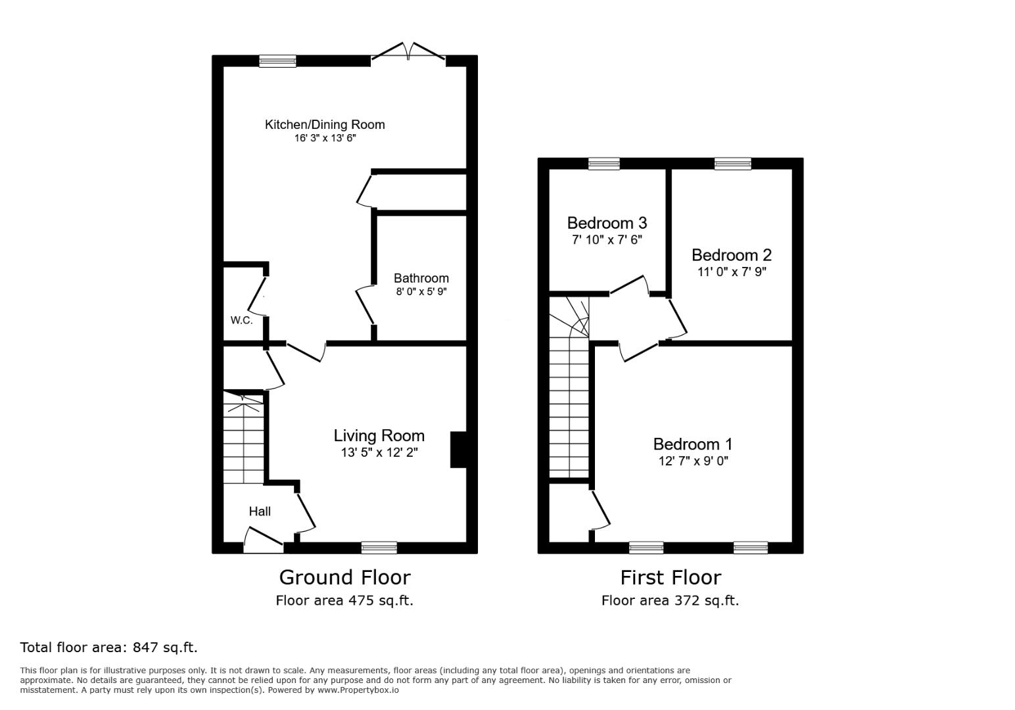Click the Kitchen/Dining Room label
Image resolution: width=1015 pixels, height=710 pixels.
point(324,124)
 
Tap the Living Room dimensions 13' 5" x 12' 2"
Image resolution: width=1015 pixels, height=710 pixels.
point(379,452)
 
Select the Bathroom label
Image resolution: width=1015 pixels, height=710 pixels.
point(421,278)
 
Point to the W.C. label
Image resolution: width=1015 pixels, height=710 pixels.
point(241,320)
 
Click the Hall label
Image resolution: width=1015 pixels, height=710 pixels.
point(259,511)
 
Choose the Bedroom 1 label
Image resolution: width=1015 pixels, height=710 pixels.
point(692,444)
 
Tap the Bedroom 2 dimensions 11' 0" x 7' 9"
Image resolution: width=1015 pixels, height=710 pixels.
point(731,271)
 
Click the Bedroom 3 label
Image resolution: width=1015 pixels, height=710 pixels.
point(607,223)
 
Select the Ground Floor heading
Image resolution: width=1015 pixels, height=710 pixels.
point(344,577)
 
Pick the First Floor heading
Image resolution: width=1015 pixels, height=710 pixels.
point(671,577)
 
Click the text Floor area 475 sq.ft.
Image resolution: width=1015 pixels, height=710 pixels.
point(344,600)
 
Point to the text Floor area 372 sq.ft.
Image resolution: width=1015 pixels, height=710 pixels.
point(670,600)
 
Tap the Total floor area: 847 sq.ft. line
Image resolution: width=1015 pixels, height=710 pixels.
point(108,647)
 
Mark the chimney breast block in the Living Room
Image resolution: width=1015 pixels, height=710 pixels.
point(458,450)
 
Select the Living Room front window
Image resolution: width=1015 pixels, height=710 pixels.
point(379,547)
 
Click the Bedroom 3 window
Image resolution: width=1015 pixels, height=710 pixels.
point(603,164)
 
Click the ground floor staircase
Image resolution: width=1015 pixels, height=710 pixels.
point(243,437)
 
